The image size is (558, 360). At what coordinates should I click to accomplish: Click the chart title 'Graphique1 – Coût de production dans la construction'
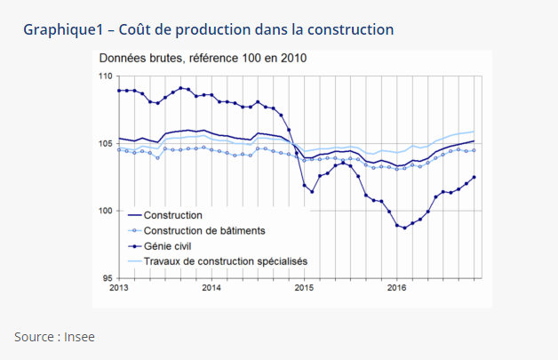pos(208,30)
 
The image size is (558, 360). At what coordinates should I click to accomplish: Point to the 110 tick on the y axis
pos(107,76)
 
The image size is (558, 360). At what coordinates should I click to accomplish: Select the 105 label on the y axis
pos(107,143)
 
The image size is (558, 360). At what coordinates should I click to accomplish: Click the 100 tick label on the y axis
pos(107,211)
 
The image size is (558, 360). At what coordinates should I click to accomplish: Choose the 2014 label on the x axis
pos(211,288)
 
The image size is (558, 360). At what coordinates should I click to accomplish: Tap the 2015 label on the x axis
pos(304,288)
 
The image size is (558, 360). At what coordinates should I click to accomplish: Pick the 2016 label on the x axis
pos(396,288)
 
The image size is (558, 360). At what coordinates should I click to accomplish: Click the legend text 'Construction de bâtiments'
pos(203,230)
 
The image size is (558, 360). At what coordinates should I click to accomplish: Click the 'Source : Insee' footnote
pos(54,337)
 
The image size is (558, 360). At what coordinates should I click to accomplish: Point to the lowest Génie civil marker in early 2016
pos(405,228)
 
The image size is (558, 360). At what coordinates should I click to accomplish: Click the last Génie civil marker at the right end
pos(474,177)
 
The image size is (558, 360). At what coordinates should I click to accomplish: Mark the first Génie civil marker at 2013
pos(119,90)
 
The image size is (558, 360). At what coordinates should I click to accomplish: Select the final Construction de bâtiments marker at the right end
pos(474,150)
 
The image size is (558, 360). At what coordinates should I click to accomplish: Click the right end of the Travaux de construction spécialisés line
pos(474,132)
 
